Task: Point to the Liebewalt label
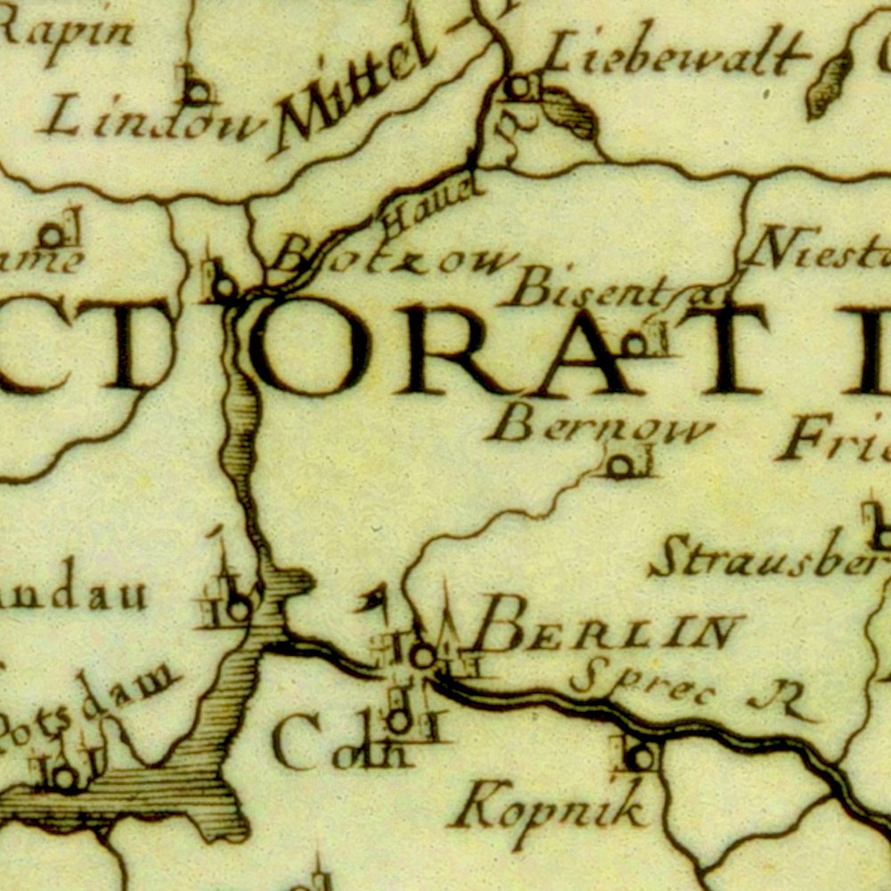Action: tap(675, 55)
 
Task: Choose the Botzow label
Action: tap(392, 259)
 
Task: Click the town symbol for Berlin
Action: tap(422, 656)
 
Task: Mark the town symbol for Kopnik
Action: tap(640, 758)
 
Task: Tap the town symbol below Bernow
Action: tap(620, 465)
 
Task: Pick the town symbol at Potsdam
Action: tap(64, 778)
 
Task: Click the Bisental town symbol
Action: tap(636, 344)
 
